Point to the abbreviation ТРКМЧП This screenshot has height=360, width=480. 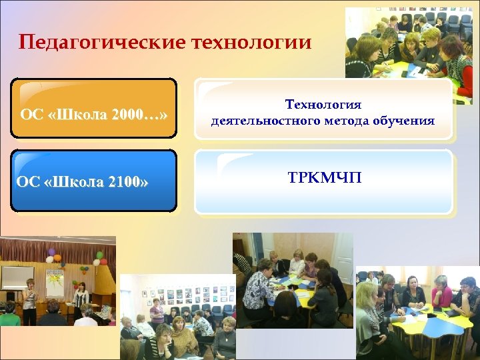(x=324, y=177)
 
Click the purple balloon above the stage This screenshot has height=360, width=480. (x=51, y=253)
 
